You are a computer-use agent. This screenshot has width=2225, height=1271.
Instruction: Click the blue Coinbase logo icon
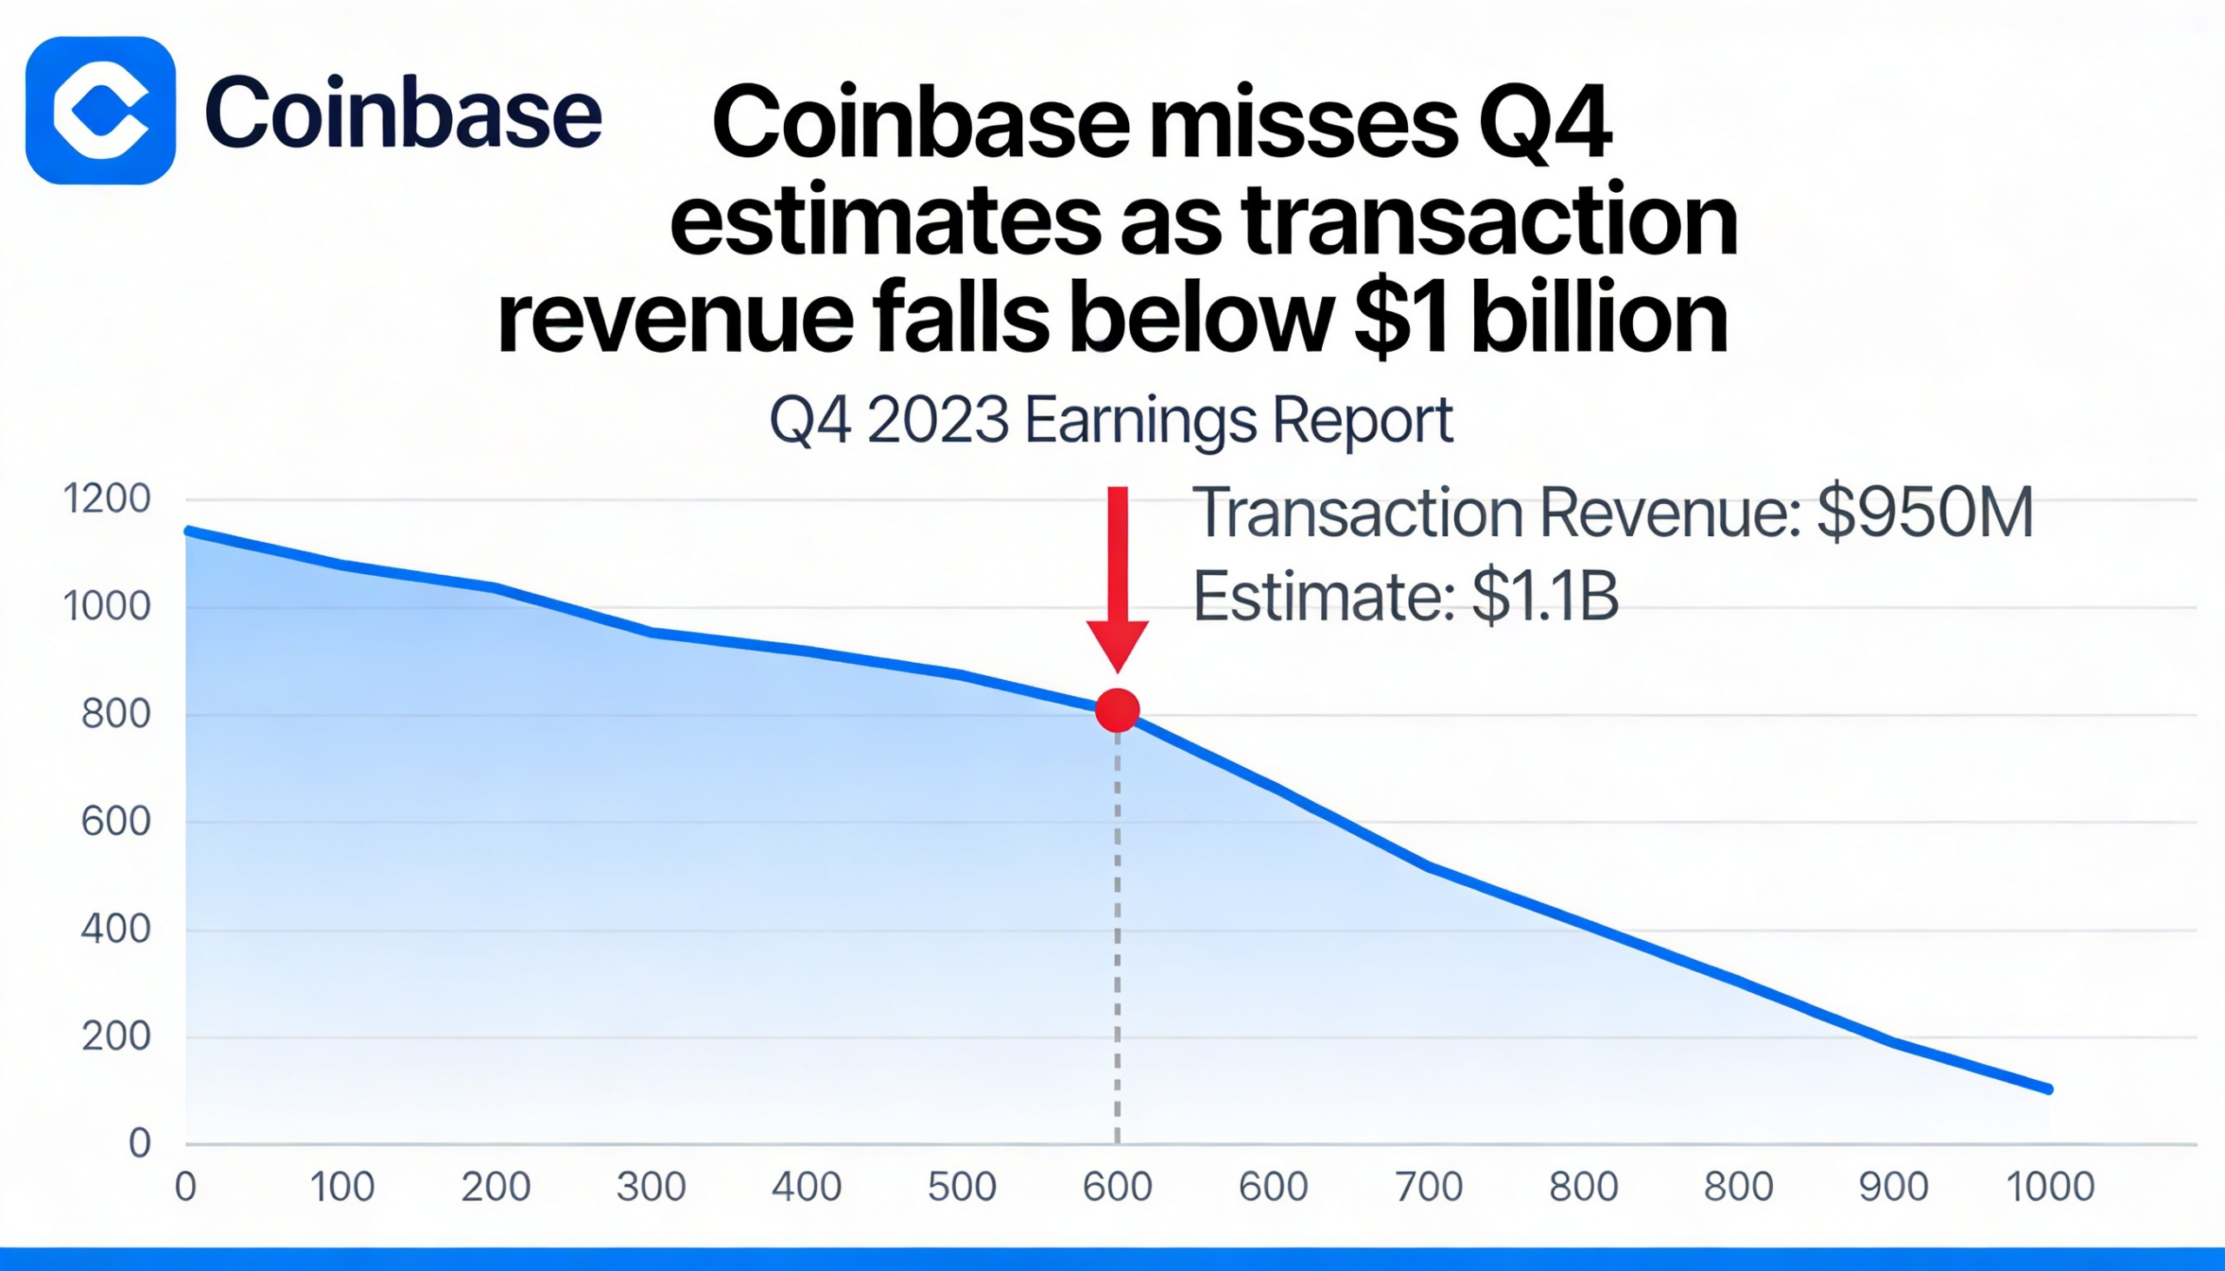[x=101, y=111]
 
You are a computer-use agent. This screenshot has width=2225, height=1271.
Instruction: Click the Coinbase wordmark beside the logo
[x=402, y=112]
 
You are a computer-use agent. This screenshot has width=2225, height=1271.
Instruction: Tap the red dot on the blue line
[x=1117, y=710]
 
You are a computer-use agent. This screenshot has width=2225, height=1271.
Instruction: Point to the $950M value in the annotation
[x=1924, y=513]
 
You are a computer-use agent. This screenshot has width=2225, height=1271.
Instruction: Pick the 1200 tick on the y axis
[x=107, y=500]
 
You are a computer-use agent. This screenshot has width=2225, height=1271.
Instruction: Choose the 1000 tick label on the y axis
[x=107, y=606]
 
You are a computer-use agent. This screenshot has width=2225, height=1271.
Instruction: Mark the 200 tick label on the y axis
[x=116, y=1037]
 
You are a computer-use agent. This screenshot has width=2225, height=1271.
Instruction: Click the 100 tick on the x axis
[x=342, y=1188]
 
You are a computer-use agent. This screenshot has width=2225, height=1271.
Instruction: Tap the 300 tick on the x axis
[x=651, y=1188]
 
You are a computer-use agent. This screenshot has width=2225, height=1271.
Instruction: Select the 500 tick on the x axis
[x=961, y=1188]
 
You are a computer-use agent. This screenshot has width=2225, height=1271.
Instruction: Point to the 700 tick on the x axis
[x=1429, y=1188]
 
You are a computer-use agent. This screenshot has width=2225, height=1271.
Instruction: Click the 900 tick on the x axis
[x=1893, y=1188]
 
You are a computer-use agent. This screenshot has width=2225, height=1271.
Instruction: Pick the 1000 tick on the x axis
[x=2049, y=1188]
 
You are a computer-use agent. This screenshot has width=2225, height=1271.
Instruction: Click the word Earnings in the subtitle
[x=1140, y=420]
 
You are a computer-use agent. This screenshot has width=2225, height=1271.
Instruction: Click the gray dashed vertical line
[x=1117, y=943]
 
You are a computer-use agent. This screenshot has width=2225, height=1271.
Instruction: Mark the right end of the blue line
[x=2049, y=1089]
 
